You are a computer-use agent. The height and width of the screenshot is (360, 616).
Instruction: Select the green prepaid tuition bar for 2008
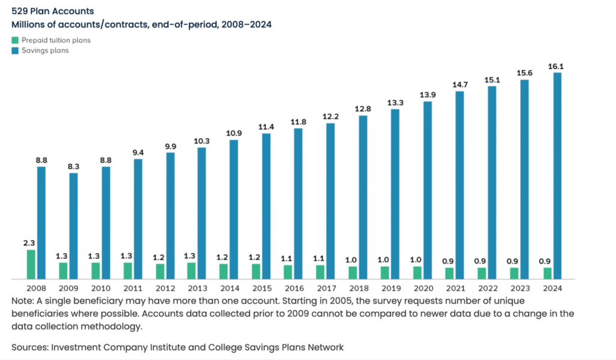point(31,264)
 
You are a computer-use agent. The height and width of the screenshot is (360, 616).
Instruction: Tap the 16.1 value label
point(555,66)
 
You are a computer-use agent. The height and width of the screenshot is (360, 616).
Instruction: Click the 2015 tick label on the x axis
point(260,288)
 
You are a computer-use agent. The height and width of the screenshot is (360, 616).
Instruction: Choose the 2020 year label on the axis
point(422,288)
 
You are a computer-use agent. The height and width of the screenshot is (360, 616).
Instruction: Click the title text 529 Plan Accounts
point(52,11)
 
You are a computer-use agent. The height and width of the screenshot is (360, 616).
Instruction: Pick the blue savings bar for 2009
point(73,226)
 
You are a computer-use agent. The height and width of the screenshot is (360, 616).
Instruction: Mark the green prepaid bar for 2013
point(192,271)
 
